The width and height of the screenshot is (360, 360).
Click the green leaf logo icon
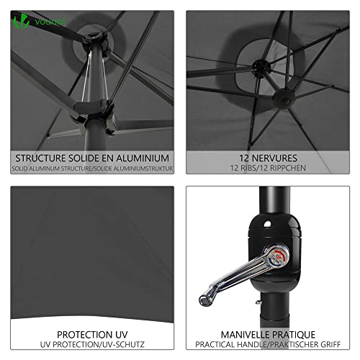[21, 21]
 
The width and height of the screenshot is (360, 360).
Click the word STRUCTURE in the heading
[40, 158]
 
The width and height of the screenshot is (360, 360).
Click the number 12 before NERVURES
[244, 158]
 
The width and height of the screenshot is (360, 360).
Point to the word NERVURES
[274, 158]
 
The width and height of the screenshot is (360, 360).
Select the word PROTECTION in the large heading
[84, 335]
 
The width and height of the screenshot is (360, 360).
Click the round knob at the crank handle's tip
[205, 300]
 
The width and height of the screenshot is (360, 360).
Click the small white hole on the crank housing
[267, 224]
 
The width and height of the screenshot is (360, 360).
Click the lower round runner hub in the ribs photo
[284, 98]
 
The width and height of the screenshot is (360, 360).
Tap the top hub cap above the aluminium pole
[94, 38]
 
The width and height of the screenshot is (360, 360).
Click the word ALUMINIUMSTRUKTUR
[143, 168]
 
